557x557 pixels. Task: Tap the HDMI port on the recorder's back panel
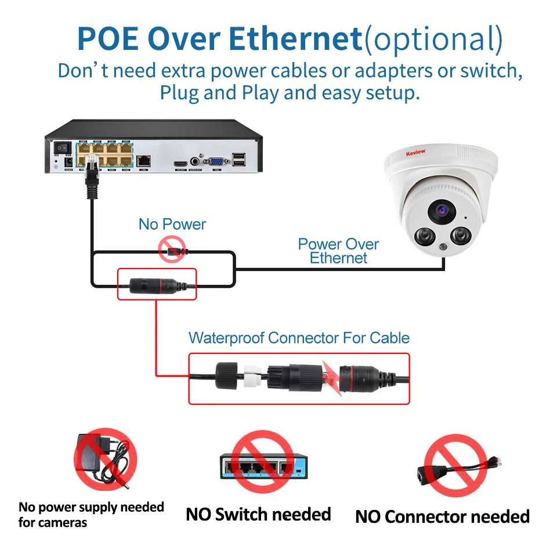pos(180,162)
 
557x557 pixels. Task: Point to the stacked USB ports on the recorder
pos(238,159)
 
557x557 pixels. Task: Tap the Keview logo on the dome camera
pos(415,152)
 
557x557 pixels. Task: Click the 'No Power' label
pos(172,225)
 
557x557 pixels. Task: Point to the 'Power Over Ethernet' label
pos(338,251)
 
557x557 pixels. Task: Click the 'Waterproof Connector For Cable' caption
pos(299,338)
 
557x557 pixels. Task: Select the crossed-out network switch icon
pos(260,463)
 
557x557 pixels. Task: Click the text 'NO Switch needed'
pos(258,514)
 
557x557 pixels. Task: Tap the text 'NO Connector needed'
pos(442,516)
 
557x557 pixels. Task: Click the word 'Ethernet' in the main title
pos(296,38)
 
